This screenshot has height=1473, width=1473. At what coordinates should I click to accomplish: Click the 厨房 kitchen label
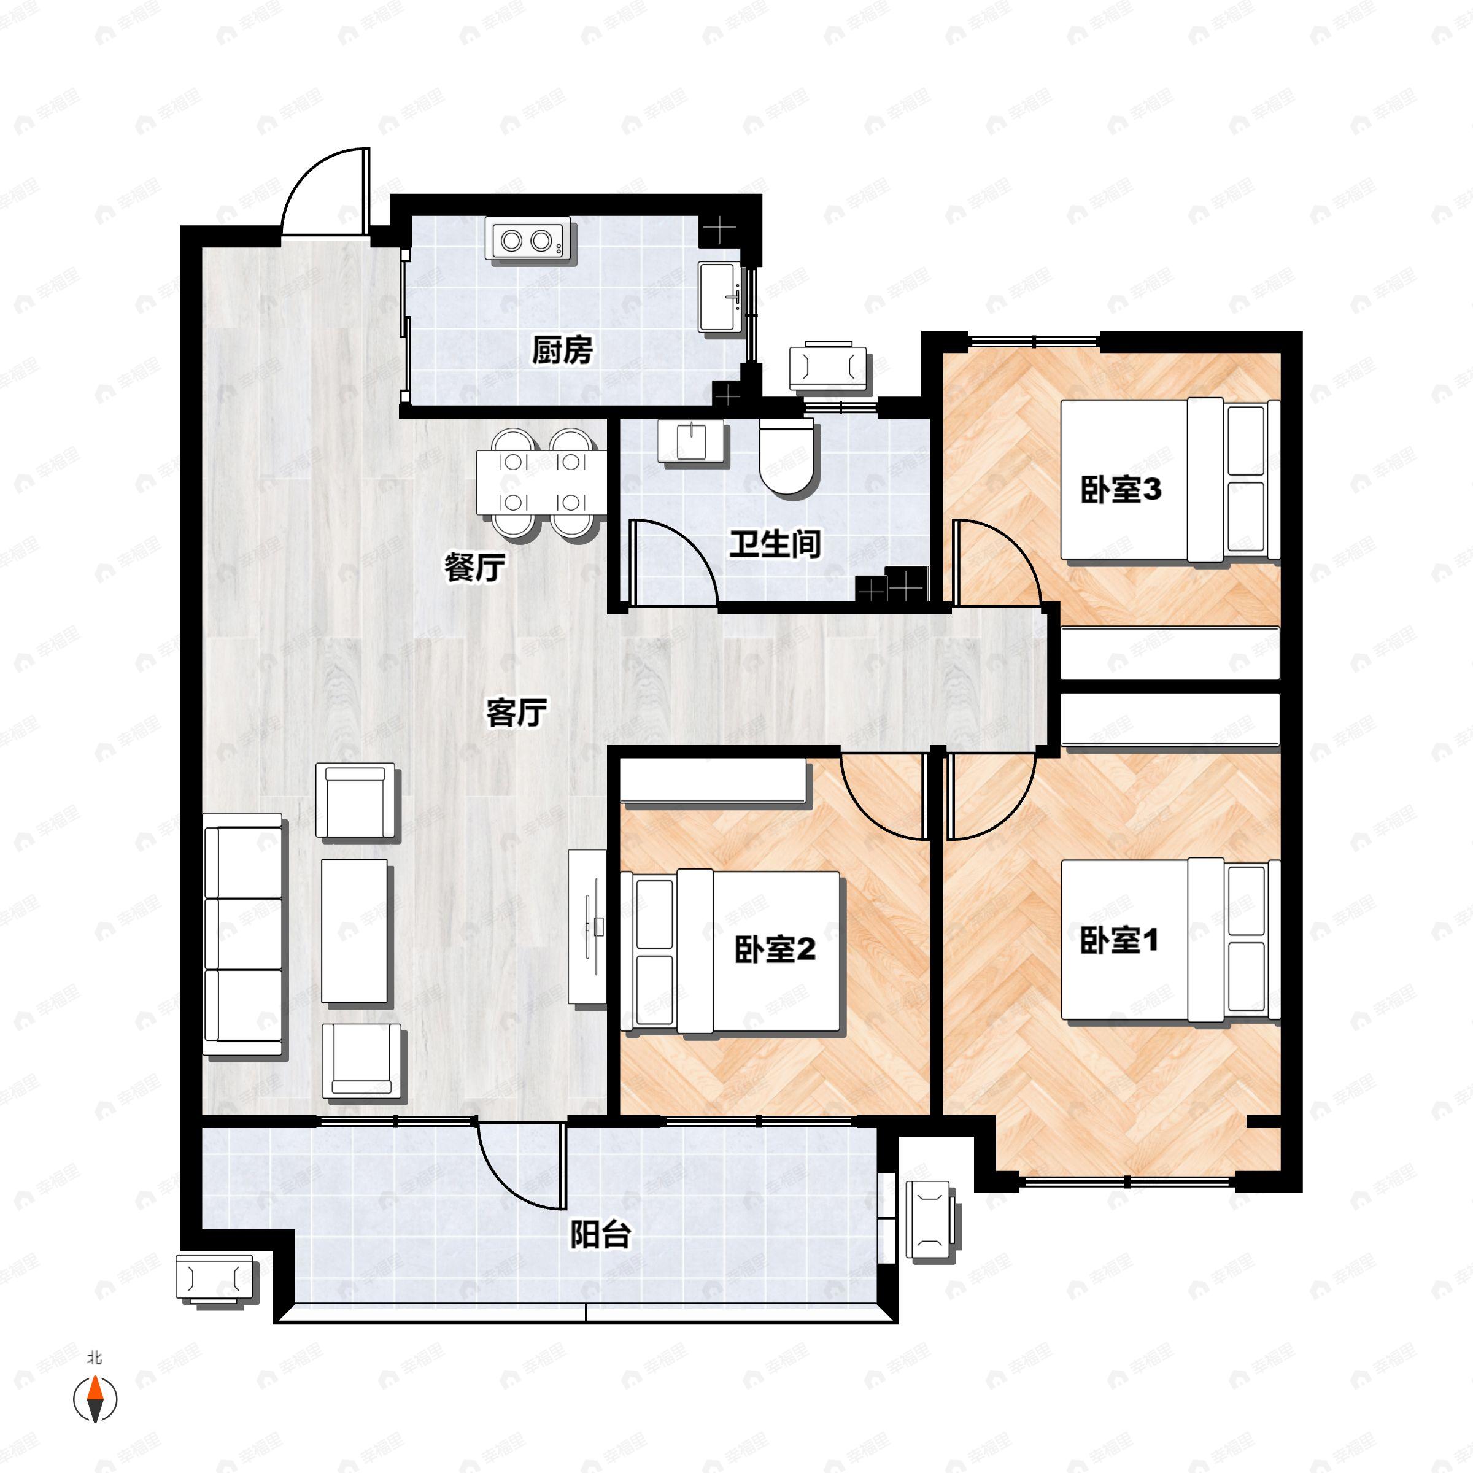point(562,350)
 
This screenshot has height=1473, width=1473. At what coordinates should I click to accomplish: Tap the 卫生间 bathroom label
point(775,544)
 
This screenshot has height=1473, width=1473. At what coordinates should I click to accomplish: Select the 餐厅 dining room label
point(474,568)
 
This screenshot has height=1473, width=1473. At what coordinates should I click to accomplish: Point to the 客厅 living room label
point(516,713)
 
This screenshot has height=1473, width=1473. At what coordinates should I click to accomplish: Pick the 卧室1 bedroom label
point(1118,940)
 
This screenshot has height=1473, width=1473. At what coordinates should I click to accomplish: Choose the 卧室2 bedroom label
point(775,950)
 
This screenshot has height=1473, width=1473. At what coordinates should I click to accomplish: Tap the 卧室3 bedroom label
point(1120,490)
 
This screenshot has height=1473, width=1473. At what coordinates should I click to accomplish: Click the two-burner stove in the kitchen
point(527,241)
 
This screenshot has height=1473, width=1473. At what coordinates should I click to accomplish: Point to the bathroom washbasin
point(690,441)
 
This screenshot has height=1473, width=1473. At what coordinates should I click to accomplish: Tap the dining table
point(541,482)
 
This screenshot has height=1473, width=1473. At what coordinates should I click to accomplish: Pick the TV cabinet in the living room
point(587,926)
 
